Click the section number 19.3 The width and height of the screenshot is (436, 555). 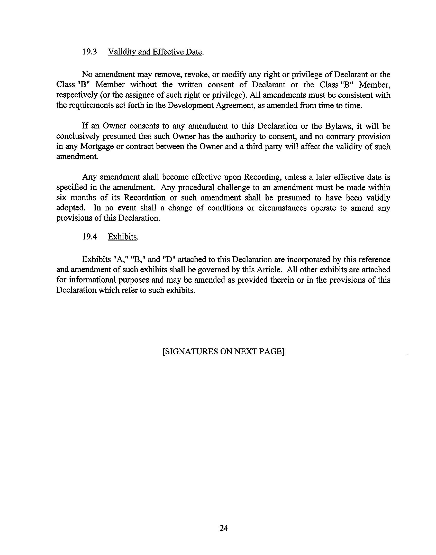89,52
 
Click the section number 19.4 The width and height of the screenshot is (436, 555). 89,237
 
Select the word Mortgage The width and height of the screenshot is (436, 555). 97,147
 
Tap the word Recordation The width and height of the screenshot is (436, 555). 145,198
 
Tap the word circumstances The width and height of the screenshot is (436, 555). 282,208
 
